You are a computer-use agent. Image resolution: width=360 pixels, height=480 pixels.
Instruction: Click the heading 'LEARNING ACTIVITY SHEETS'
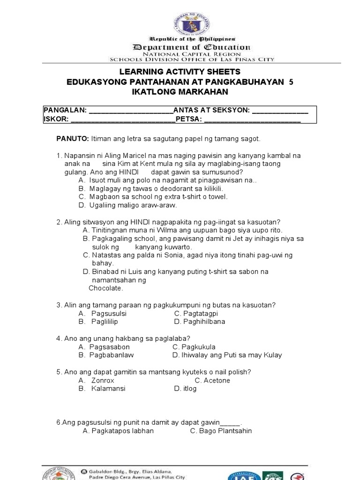click(180, 72)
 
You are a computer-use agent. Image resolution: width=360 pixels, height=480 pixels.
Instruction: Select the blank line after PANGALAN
click(131, 111)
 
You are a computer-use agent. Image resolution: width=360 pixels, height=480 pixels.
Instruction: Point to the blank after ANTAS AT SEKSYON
click(280, 111)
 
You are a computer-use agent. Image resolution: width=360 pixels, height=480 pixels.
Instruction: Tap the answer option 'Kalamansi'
click(108, 389)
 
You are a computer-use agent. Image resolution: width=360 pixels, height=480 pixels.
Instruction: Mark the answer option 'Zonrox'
click(103, 380)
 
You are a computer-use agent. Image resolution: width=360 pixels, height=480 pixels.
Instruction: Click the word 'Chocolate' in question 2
click(105, 288)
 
